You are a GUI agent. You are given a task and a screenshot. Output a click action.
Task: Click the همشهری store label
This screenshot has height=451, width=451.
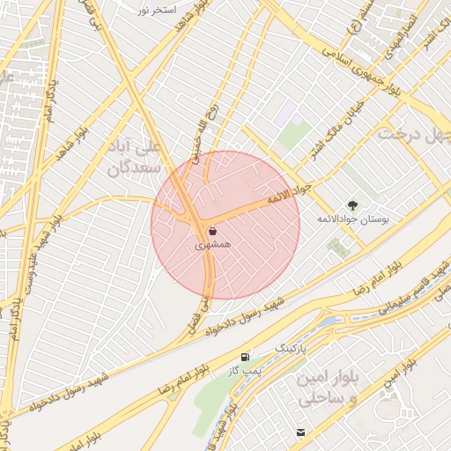(x=213, y=241)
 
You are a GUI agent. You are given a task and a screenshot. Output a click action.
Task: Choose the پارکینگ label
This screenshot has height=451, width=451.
(x=294, y=349)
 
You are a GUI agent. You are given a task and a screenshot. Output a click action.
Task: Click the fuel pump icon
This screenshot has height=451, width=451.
(x=244, y=357)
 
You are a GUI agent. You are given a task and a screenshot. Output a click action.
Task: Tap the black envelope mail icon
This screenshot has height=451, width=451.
(x=301, y=432)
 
